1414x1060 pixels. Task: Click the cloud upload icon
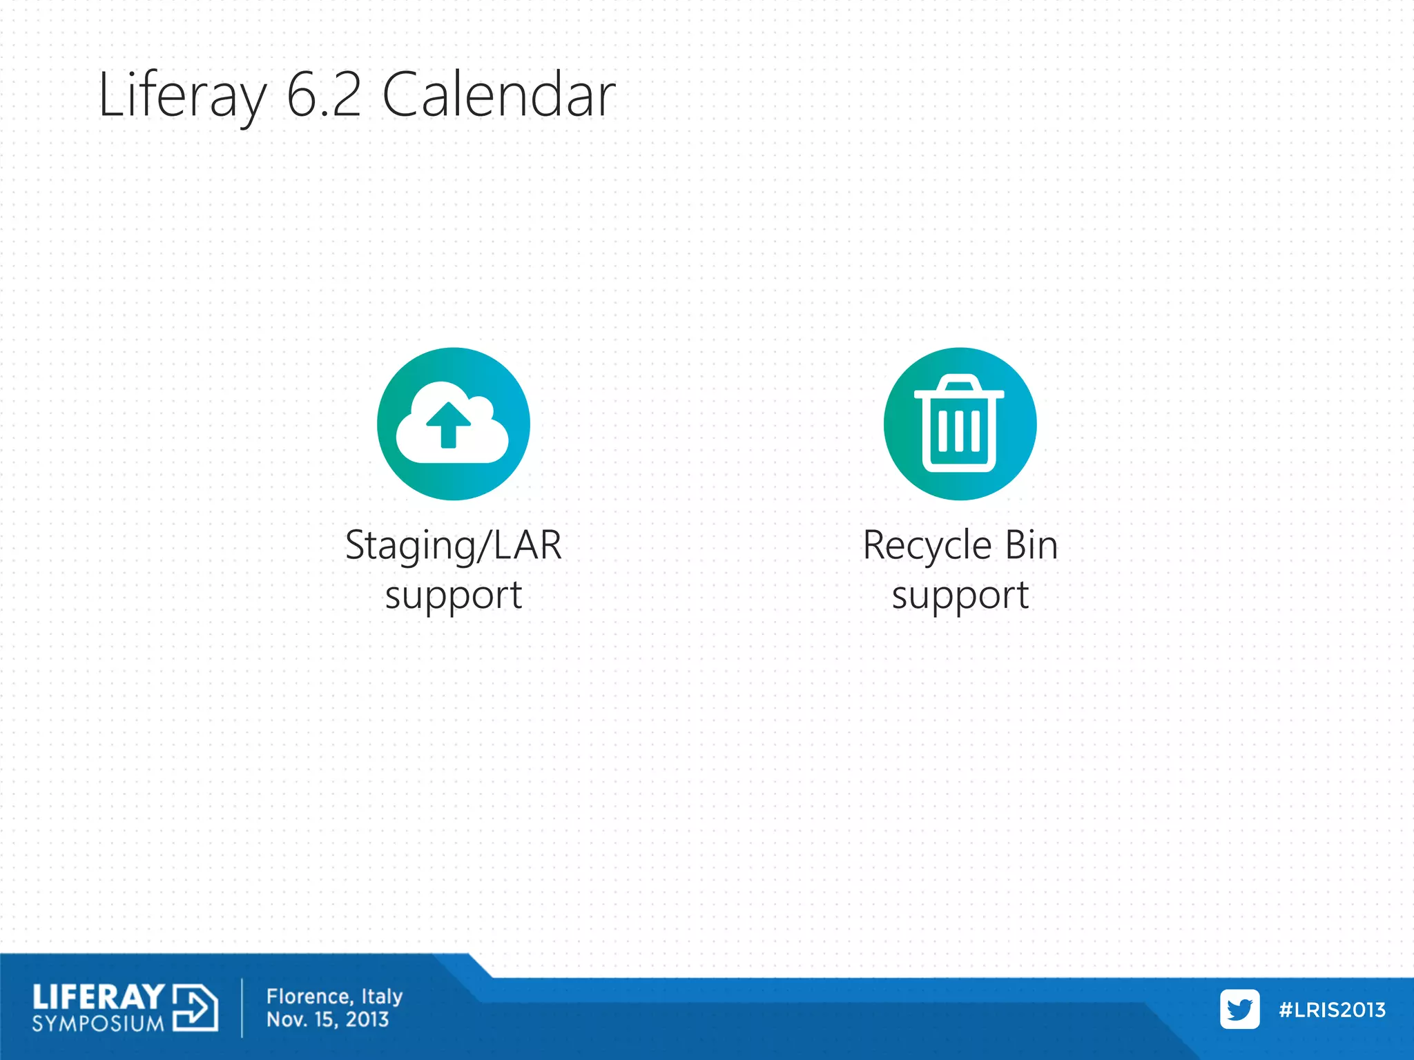click(453, 423)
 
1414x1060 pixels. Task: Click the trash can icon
click(960, 423)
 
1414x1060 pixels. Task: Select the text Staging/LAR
click(454, 545)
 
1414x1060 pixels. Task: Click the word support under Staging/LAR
click(454, 595)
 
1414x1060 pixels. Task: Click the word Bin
click(1032, 545)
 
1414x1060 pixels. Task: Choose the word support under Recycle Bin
click(960, 595)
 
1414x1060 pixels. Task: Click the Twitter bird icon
click(1239, 1009)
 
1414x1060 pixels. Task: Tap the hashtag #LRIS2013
click(1332, 1010)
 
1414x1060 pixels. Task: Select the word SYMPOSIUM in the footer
click(98, 1023)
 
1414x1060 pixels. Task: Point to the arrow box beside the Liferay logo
click(195, 1008)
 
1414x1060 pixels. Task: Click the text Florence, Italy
click(334, 997)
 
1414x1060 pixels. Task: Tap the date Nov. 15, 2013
click(327, 1019)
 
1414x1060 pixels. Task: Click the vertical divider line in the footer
click(242, 1008)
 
